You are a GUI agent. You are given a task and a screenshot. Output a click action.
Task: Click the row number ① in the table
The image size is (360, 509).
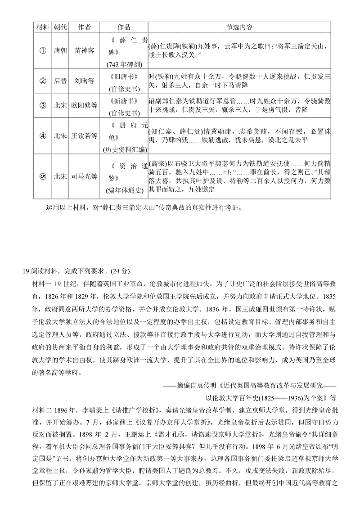click(43, 51)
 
